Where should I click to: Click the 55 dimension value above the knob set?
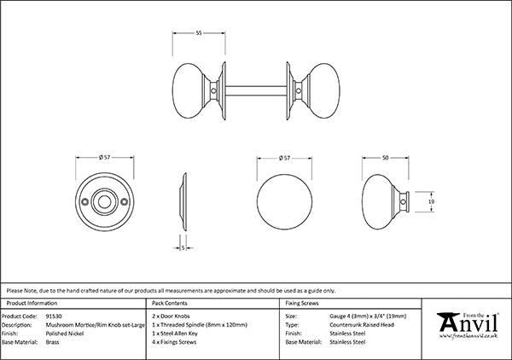[x=199, y=33]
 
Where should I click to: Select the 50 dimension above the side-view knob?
[x=386, y=158]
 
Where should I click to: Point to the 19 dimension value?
[x=431, y=202]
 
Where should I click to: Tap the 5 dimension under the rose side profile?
[x=183, y=248]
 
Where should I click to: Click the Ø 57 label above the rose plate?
[x=104, y=157]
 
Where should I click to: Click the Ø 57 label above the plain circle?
[x=284, y=159]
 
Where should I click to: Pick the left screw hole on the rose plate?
[x=84, y=202]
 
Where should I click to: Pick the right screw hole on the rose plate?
[x=124, y=202]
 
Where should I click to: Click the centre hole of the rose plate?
[x=104, y=202]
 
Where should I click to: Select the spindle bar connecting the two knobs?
[x=256, y=91]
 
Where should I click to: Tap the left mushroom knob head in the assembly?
[x=189, y=90]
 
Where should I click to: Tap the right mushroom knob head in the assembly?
[x=324, y=90]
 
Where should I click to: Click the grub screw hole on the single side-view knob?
[x=404, y=202]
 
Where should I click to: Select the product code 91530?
[x=54, y=316]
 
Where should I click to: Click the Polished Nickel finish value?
[x=65, y=334]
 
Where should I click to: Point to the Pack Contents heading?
[x=170, y=303]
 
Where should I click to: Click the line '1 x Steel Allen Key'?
[x=175, y=334]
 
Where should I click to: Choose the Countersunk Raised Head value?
[x=362, y=325]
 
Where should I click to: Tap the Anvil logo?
[x=468, y=325]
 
